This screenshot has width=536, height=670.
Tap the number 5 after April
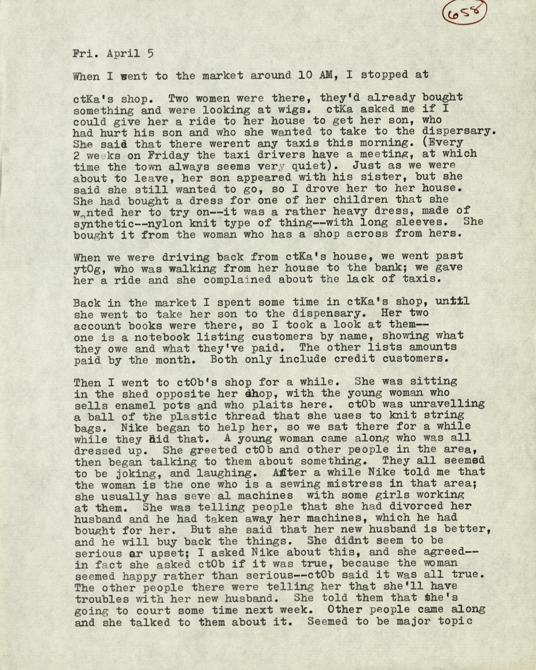point(151,53)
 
